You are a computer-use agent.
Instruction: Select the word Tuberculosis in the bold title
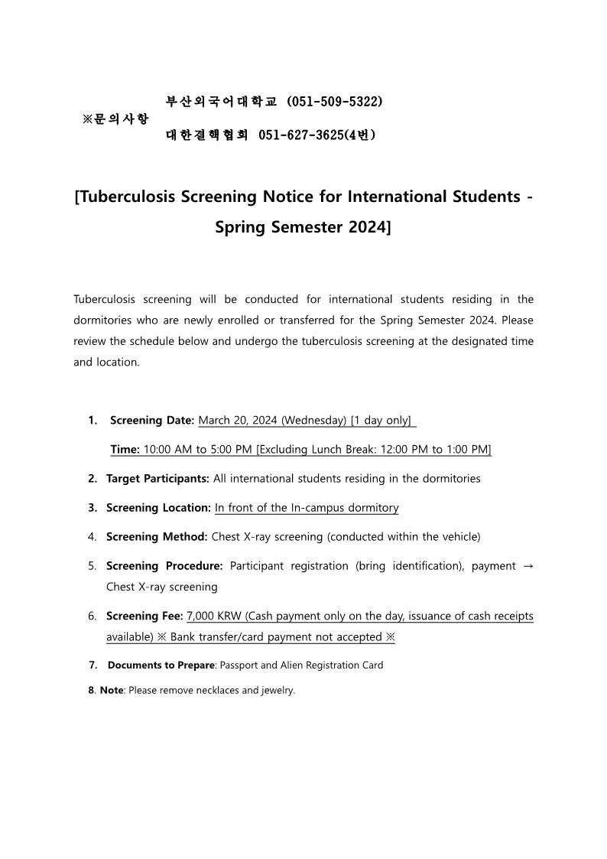coord(126,197)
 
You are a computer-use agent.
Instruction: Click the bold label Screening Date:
coord(152,420)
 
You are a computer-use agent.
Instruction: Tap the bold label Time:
coord(125,449)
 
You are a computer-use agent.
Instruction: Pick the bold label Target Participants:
coord(157,478)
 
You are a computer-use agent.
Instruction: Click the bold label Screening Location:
coord(158,507)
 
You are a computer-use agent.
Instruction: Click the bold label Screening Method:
coord(157,536)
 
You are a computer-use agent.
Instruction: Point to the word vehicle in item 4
coord(458,536)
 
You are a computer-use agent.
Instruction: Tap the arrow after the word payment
coord(526,566)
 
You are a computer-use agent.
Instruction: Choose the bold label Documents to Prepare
coord(161,665)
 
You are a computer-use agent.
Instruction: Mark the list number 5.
coord(92,566)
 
